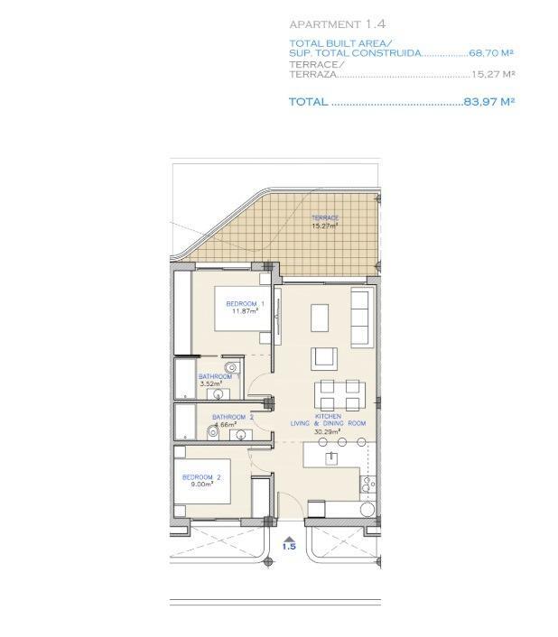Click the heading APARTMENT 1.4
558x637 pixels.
click(331, 23)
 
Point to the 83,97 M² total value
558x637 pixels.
click(488, 102)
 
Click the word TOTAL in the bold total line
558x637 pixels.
click(308, 102)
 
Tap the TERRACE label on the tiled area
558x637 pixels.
click(325, 218)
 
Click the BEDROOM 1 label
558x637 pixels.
click(244, 303)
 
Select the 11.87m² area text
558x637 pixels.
click(245, 311)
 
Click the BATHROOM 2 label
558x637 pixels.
click(232, 417)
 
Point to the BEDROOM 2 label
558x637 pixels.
click(200, 476)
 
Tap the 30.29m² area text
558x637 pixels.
click(327, 432)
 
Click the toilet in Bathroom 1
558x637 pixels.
click(233, 367)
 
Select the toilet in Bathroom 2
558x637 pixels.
click(213, 432)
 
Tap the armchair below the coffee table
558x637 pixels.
click(324, 357)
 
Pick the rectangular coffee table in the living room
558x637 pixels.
click(321, 318)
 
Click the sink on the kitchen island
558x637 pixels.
click(332, 457)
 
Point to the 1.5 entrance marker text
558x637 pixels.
click(289, 547)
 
